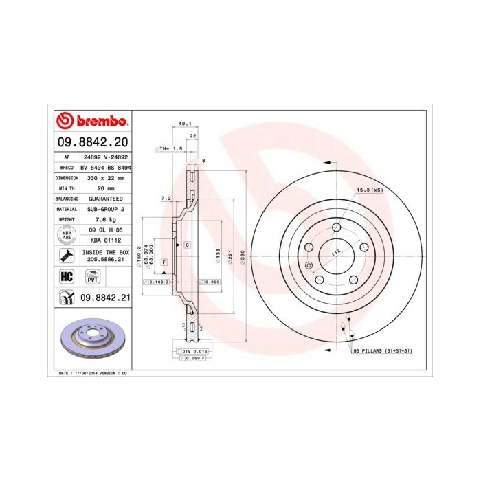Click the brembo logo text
coord(99,122)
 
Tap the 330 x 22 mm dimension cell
coord(105,177)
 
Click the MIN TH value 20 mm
coord(105,188)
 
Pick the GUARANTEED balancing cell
coord(105,198)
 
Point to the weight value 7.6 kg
coord(105,219)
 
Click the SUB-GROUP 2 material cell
coord(105,208)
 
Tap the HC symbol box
coord(67,277)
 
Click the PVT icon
coord(91,277)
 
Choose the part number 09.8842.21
coord(104,298)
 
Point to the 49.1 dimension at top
coord(184,124)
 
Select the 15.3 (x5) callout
coord(368,190)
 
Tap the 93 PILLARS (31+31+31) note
coord(382,350)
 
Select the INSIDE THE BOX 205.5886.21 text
coord(105,257)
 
